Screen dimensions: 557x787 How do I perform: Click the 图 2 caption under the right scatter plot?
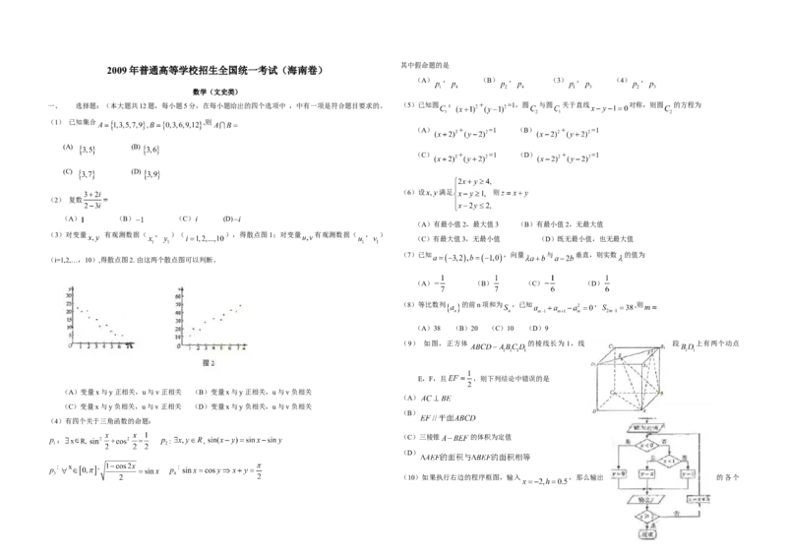point(208,363)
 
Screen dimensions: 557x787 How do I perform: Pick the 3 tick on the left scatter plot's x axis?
point(96,347)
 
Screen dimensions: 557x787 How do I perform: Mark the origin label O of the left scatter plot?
point(70,347)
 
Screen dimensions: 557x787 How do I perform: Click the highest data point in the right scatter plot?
point(239,305)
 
